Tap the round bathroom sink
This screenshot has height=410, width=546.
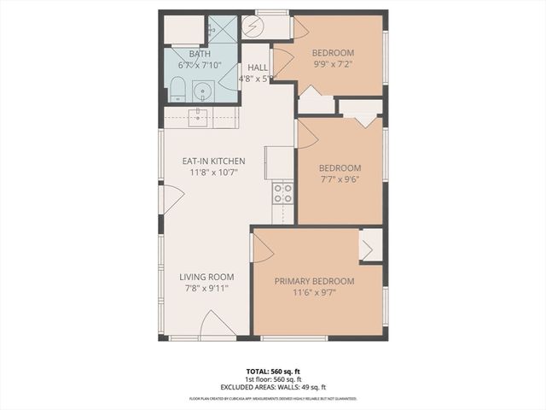(x=204, y=90)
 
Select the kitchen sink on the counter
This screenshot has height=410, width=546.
(x=200, y=117)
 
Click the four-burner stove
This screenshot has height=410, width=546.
(x=282, y=194)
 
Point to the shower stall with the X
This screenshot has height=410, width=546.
(x=223, y=31)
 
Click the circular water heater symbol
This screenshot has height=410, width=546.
(x=252, y=27)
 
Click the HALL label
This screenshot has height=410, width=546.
(x=258, y=67)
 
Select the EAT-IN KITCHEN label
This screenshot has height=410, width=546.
(x=213, y=161)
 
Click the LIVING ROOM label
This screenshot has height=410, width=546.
(x=206, y=277)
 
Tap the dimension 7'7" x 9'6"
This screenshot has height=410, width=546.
(x=340, y=179)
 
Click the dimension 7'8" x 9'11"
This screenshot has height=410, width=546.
(x=206, y=288)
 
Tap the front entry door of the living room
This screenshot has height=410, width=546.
(x=216, y=325)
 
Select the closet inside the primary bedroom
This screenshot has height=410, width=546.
(x=370, y=245)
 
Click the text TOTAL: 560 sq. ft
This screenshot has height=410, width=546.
(x=272, y=372)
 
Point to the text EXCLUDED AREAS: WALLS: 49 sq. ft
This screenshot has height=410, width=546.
(x=272, y=387)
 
